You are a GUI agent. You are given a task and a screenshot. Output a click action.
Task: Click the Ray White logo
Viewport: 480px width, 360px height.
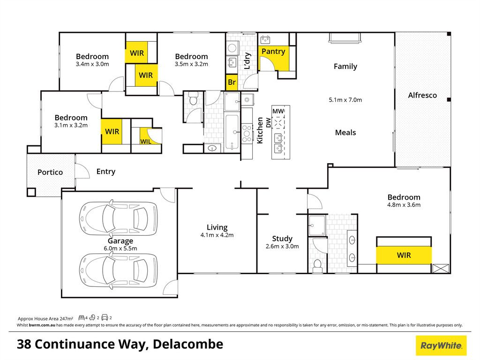(x=441, y=345)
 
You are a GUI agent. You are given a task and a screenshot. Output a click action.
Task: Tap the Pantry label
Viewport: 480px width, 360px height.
(x=273, y=52)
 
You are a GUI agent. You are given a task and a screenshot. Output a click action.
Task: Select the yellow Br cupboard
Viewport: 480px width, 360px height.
(x=232, y=82)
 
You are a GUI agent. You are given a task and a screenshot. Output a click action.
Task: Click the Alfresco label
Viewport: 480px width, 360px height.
(x=422, y=95)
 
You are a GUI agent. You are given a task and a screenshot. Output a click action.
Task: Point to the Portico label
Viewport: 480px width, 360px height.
(x=50, y=172)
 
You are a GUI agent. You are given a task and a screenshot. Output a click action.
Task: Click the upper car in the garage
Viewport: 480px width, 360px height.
(x=119, y=218)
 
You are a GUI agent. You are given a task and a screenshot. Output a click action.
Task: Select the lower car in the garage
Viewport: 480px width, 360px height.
(x=119, y=270)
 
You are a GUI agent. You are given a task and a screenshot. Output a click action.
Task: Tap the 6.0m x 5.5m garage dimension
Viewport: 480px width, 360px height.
(x=120, y=248)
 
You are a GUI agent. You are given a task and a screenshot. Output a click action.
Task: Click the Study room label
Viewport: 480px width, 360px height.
(x=282, y=239)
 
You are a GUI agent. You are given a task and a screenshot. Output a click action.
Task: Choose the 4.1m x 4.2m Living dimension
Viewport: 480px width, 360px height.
(x=217, y=235)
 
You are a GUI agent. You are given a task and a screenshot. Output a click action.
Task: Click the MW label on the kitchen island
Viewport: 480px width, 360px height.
(x=278, y=111)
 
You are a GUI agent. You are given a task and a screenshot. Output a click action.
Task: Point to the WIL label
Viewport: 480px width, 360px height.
(x=146, y=142)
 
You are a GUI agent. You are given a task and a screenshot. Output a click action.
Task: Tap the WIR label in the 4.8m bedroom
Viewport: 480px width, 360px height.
(x=404, y=255)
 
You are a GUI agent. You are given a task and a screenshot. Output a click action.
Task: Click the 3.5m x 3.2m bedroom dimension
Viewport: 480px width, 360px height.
(x=191, y=64)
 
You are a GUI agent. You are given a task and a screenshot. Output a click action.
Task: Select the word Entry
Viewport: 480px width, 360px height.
(x=106, y=172)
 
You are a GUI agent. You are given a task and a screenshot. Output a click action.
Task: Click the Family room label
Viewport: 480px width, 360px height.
(x=345, y=67)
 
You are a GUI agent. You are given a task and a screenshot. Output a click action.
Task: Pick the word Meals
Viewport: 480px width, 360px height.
(x=345, y=133)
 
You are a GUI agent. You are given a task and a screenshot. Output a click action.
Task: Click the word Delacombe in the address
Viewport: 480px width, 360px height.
(x=188, y=345)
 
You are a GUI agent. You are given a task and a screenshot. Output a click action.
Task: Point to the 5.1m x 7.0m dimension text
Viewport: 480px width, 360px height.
(x=345, y=100)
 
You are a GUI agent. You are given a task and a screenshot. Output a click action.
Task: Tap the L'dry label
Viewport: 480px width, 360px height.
(x=247, y=60)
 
